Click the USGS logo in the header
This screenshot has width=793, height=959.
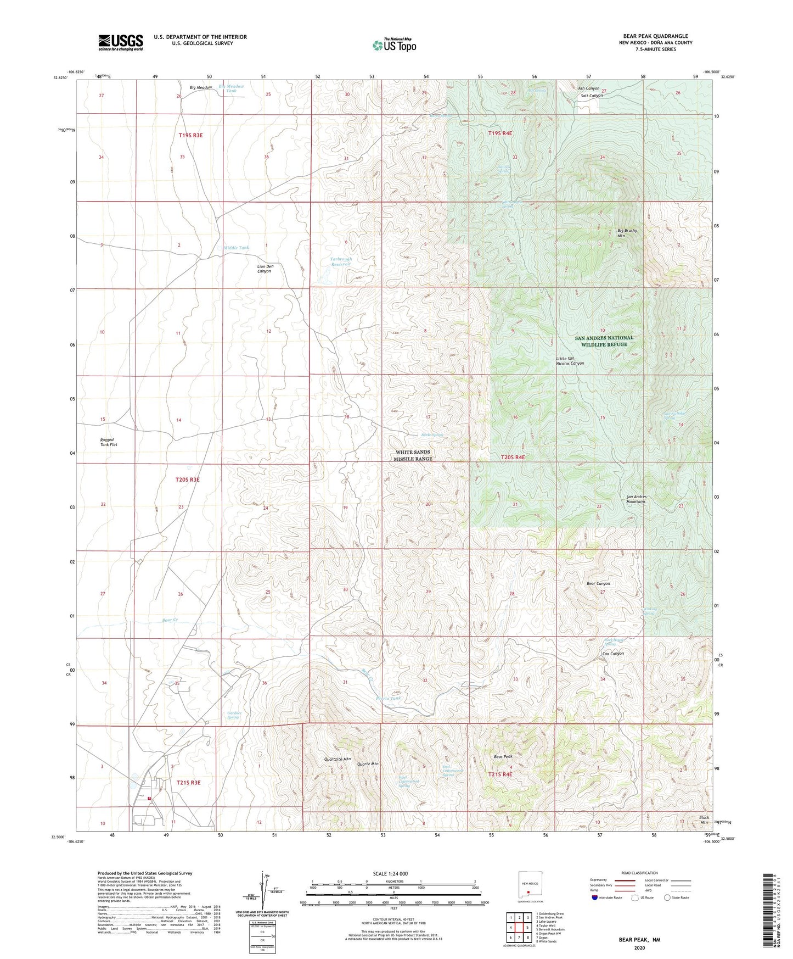121,42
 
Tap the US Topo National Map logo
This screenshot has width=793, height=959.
394,45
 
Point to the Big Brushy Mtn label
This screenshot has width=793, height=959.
627,233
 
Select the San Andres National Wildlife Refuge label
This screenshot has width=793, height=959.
604,341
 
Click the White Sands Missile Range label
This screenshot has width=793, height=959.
414,455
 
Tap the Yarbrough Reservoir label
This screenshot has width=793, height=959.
341,261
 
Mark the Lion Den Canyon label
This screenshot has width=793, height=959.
265,269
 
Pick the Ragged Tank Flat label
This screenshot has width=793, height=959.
108,442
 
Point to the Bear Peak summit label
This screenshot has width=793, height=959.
503,757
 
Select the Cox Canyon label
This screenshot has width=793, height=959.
613,654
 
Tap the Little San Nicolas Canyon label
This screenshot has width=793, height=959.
570,361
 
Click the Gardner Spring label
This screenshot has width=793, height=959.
234,715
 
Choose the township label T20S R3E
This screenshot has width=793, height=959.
187,480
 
